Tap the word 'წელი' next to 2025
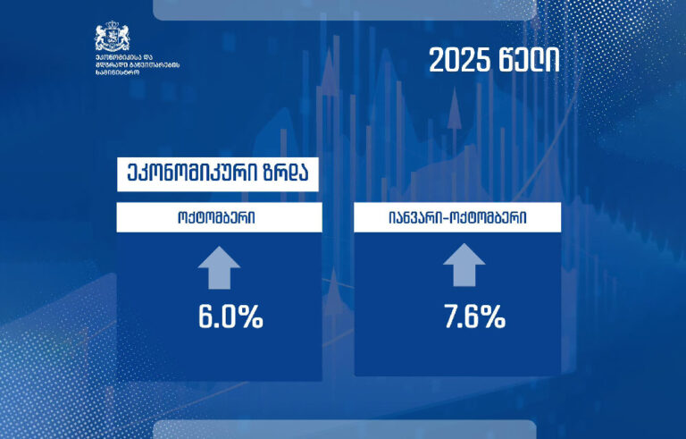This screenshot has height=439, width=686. point(529,61)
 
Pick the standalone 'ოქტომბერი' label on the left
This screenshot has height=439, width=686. point(220,217)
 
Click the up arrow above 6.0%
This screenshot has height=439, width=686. point(220,267)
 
